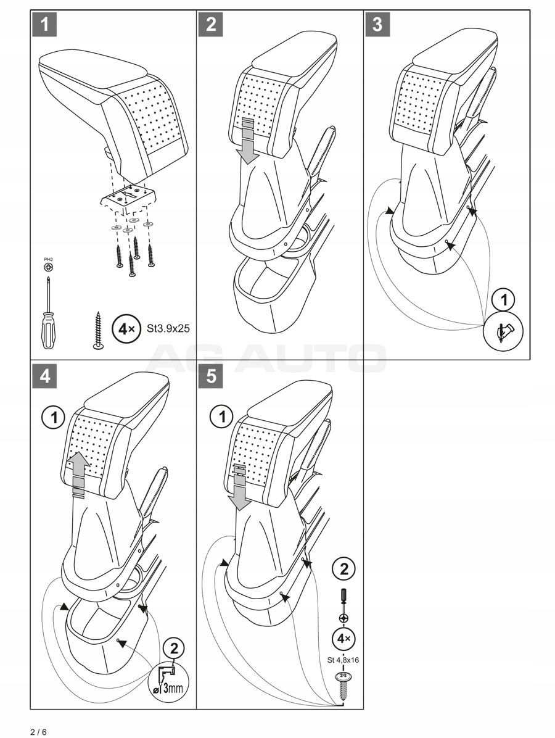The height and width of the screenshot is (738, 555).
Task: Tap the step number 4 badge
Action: (45, 376)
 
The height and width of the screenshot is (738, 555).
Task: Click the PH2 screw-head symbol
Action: (47, 267)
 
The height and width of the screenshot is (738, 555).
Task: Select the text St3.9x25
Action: (168, 329)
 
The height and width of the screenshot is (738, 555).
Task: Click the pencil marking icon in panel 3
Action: (504, 331)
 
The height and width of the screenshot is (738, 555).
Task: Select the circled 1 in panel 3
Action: (504, 301)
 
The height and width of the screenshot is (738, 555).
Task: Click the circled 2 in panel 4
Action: (174, 648)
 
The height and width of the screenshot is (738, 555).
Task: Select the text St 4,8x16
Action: (343, 660)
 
